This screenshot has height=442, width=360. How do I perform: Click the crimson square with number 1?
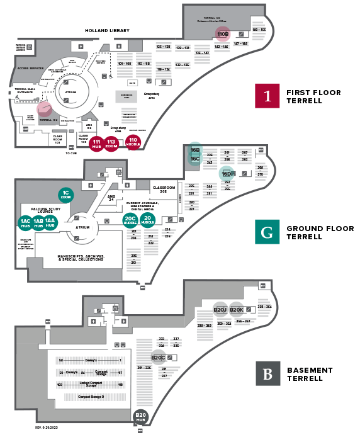click(x=267, y=96)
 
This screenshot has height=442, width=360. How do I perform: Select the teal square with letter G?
click(x=267, y=232)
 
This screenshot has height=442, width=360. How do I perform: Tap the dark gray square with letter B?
click(x=267, y=373)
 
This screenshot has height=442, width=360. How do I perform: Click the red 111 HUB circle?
click(x=96, y=144)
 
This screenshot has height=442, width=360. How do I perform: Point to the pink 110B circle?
click(x=222, y=34)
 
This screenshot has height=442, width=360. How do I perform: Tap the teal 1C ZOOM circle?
click(x=65, y=194)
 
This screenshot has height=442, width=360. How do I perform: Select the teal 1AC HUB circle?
click(x=26, y=223)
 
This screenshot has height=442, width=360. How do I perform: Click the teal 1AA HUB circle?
click(x=50, y=223)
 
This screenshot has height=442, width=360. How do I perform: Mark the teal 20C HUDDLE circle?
click(x=130, y=220)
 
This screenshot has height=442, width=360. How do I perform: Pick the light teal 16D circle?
click(x=227, y=174)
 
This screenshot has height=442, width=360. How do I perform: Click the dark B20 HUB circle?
click(x=141, y=417)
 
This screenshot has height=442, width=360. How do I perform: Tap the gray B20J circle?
click(x=220, y=309)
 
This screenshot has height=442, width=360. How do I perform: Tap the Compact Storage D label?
click(x=91, y=397)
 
